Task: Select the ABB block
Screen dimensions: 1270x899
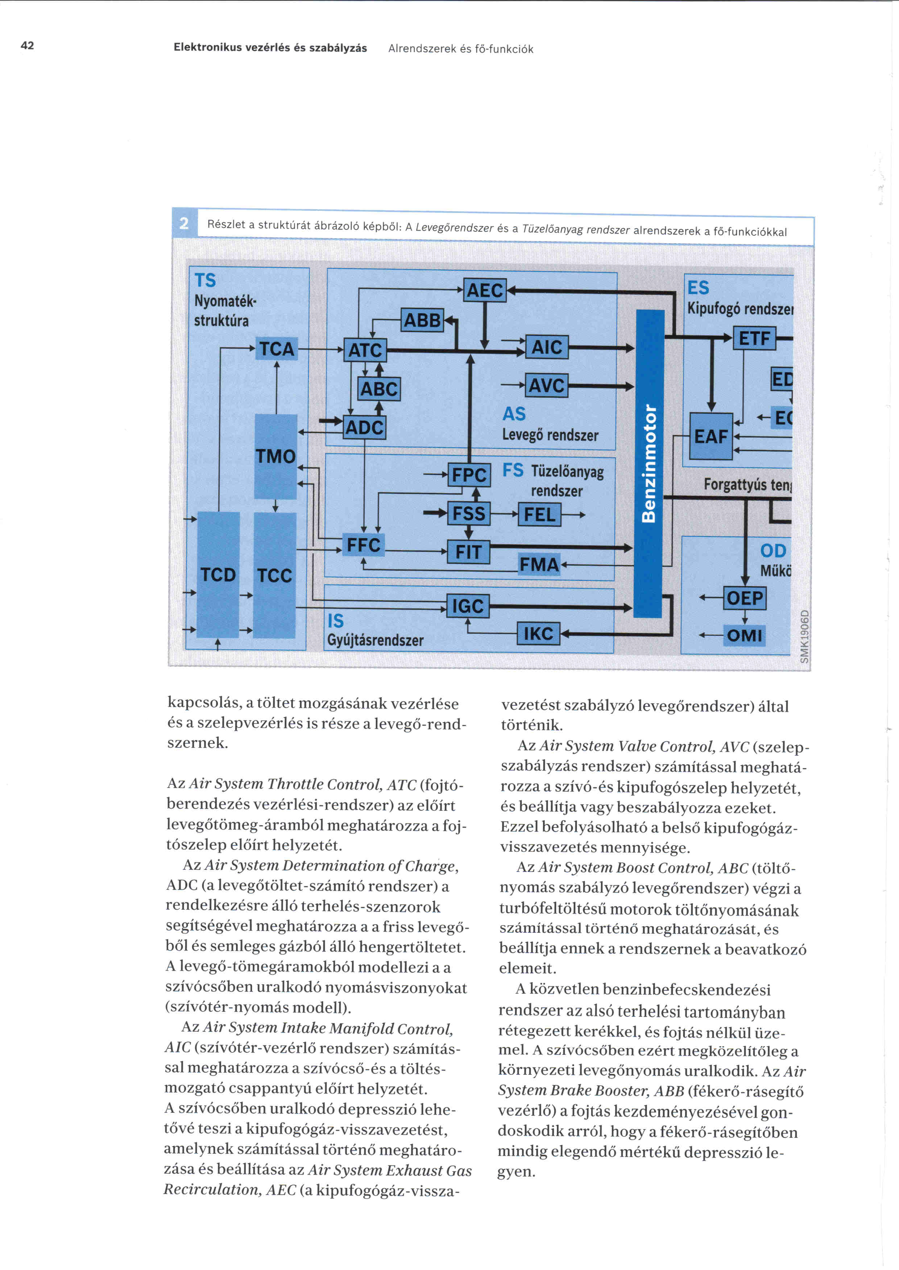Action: point(422,320)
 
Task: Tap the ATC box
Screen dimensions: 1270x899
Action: point(365,350)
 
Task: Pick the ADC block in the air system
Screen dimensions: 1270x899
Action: point(364,428)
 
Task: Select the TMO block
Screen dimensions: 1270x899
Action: point(275,456)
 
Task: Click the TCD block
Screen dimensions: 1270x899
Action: point(218,575)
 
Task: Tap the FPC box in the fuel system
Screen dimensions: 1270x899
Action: point(469,475)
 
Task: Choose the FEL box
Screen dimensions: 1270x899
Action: point(539,515)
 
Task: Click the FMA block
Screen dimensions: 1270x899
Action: point(539,565)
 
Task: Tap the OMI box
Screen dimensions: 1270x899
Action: point(745,636)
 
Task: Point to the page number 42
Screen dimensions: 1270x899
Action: point(27,45)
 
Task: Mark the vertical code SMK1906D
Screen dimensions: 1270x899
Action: point(805,636)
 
